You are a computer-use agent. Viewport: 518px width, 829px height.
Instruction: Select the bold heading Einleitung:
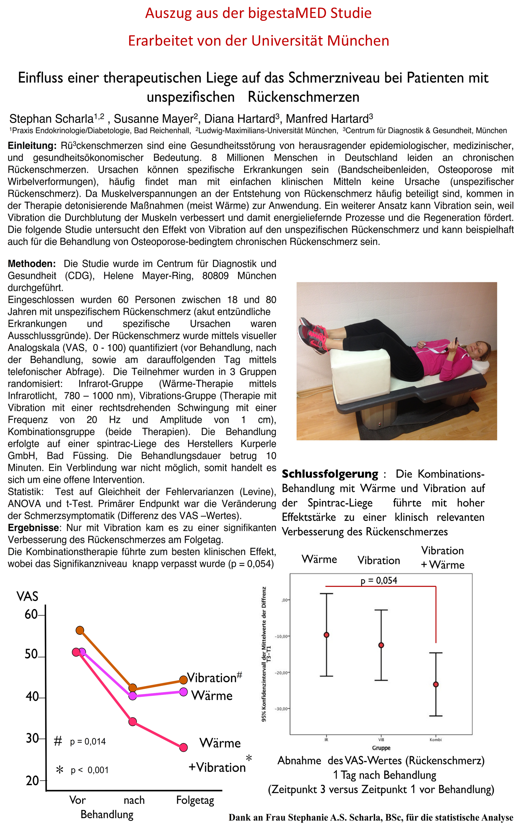(x=32, y=146)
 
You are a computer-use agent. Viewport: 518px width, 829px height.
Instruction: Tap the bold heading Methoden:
(x=32, y=264)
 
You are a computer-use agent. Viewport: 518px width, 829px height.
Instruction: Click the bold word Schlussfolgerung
(x=330, y=474)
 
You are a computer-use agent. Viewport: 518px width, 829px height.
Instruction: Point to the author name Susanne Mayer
(x=153, y=119)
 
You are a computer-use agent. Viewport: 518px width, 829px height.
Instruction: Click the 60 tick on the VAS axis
(x=31, y=615)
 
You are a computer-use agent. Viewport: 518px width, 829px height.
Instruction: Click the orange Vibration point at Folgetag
(x=183, y=679)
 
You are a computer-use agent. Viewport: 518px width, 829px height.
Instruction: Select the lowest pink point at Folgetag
(x=183, y=747)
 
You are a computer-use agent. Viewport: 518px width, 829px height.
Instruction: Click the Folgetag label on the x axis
(x=195, y=800)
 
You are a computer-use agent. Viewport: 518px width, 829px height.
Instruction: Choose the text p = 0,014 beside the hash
(x=88, y=741)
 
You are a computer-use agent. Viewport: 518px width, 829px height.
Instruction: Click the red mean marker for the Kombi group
(x=436, y=684)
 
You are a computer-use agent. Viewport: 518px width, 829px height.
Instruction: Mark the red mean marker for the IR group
(x=326, y=635)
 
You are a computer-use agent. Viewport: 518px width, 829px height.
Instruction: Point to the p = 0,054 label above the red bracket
(x=379, y=580)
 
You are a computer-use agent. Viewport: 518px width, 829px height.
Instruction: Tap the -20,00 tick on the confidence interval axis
(x=282, y=673)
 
